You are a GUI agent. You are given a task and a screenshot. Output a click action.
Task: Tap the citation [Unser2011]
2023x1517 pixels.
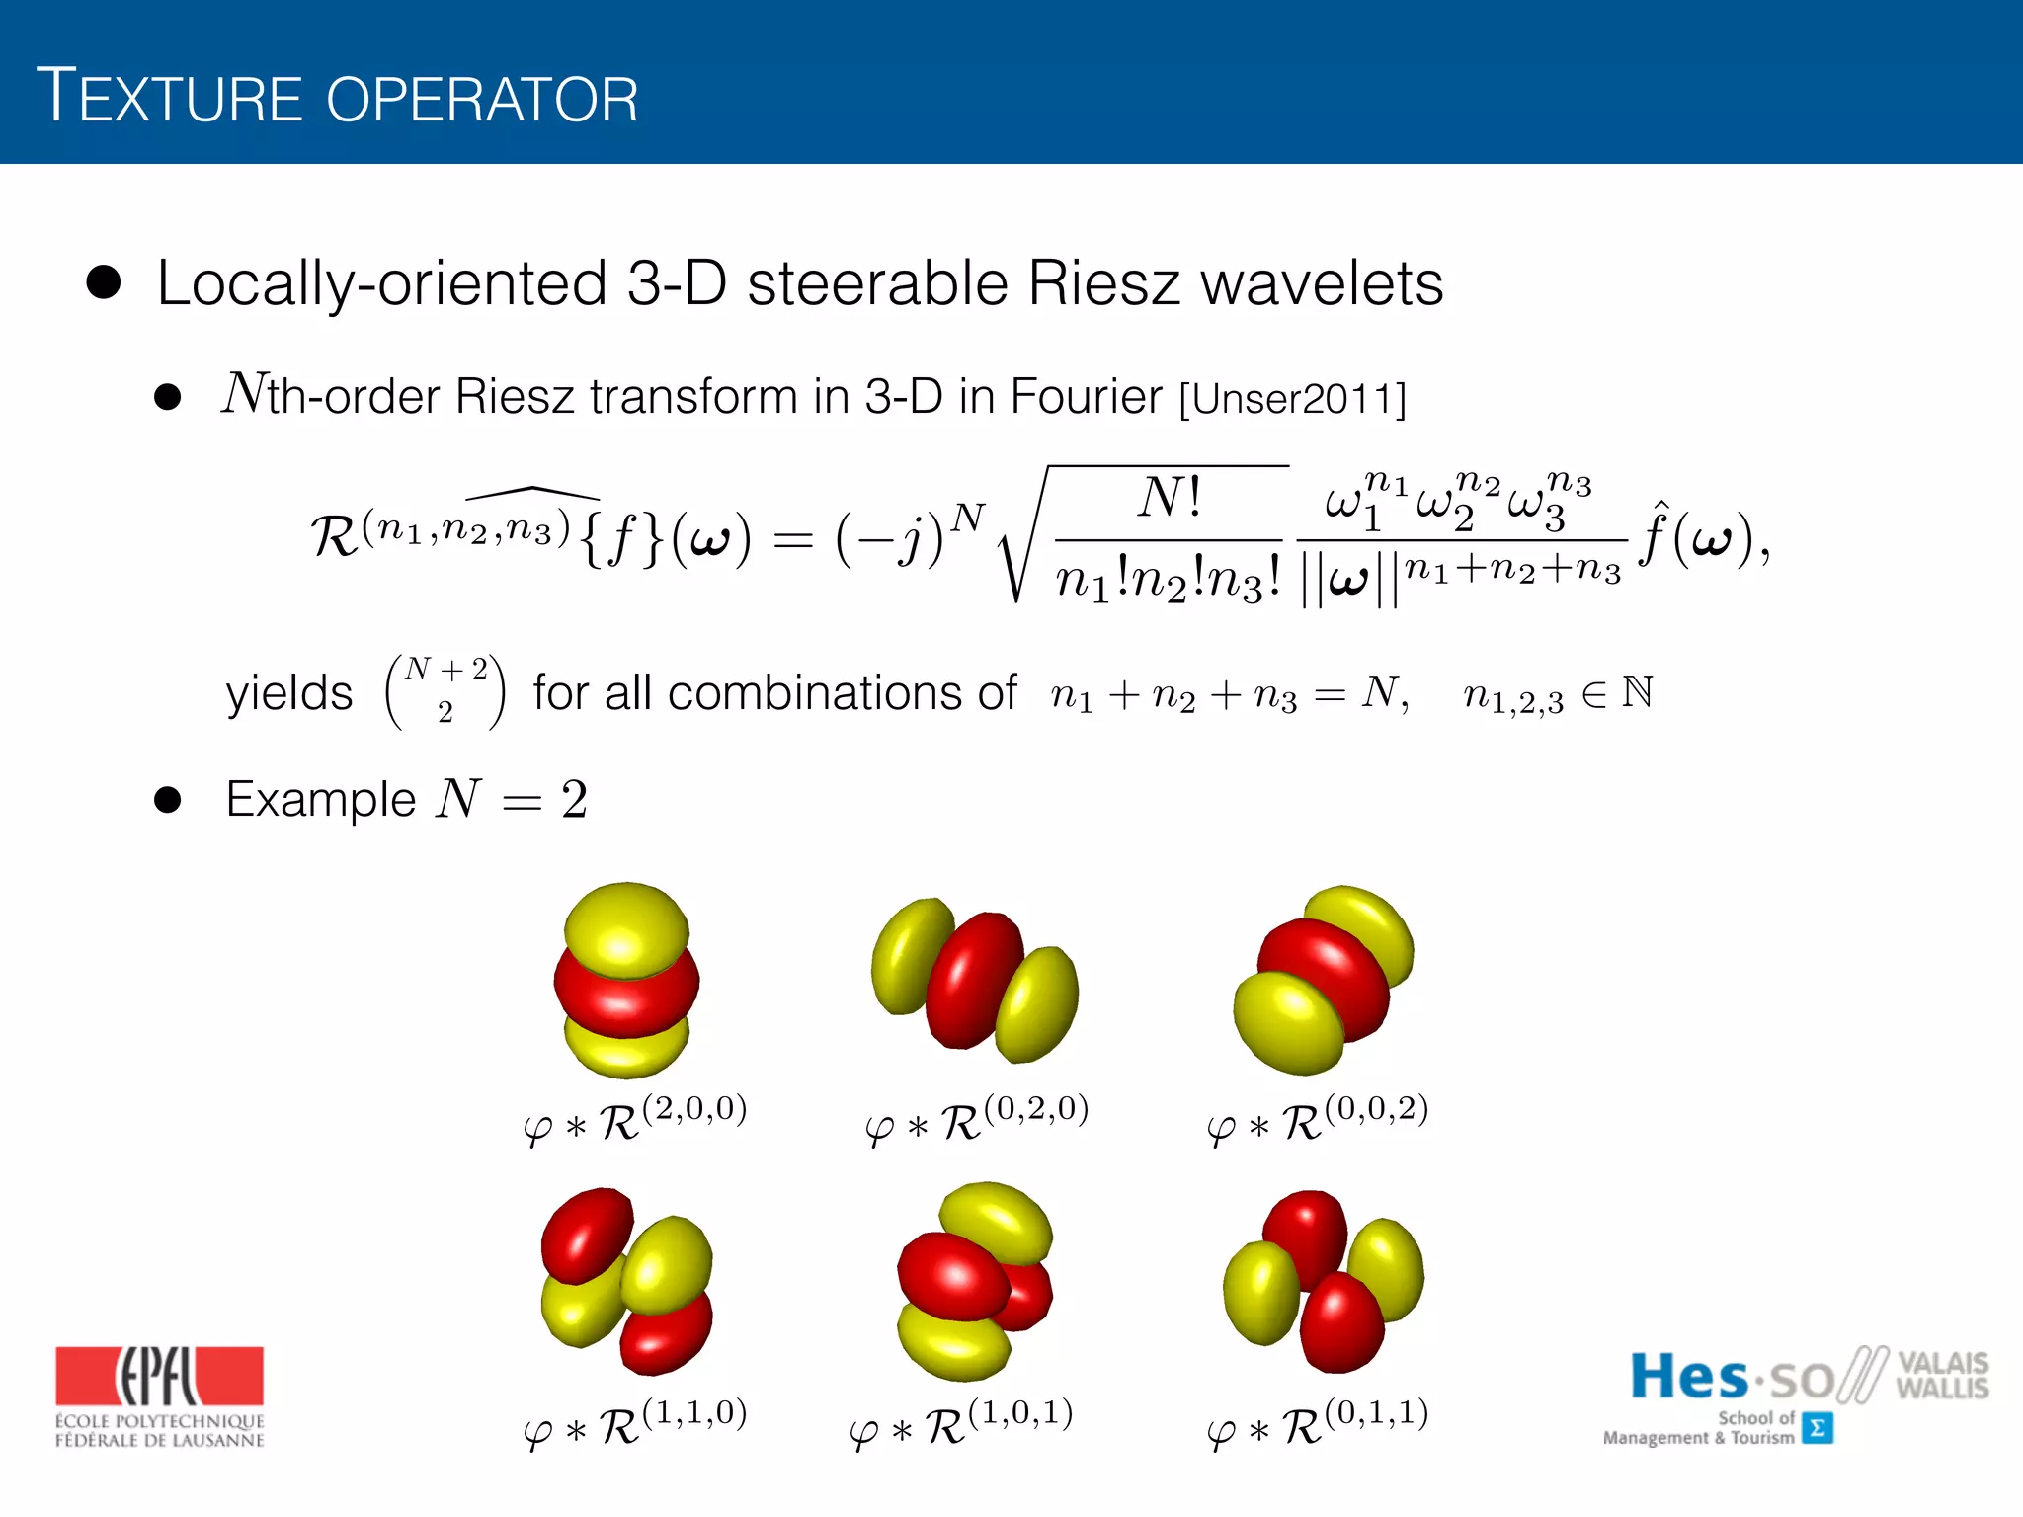(x=1292, y=399)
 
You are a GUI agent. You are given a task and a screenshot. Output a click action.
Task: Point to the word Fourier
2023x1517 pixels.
(x=1086, y=397)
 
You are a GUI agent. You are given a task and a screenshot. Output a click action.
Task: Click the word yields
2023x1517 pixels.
(x=288, y=693)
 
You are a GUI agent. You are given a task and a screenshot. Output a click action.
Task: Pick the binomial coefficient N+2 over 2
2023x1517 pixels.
(x=445, y=690)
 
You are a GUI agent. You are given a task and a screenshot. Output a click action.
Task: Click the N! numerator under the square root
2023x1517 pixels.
(x=1170, y=498)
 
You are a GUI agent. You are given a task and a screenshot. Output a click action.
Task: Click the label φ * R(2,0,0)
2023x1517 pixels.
(x=635, y=1120)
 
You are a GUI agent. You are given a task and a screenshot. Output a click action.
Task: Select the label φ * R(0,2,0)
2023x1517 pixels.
(x=976, y=1120)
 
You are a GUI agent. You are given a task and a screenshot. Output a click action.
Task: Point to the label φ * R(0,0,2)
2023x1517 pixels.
(x=1318, y=1120)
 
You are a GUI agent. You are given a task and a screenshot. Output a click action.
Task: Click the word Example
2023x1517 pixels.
(x=320, y=800)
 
